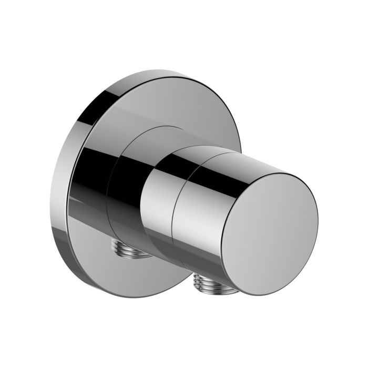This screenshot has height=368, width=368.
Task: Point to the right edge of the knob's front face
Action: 318,210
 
